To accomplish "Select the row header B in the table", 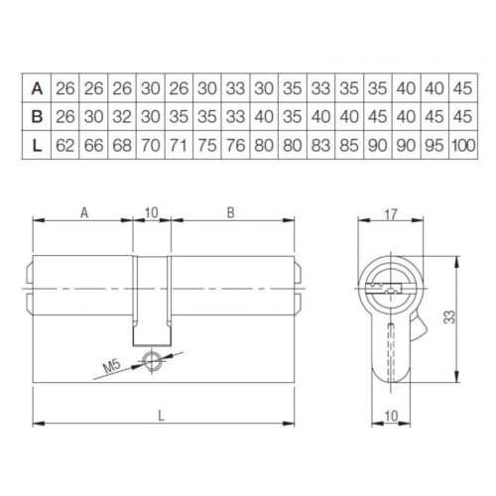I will (37, 115).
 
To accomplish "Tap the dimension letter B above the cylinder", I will (230, 210).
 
